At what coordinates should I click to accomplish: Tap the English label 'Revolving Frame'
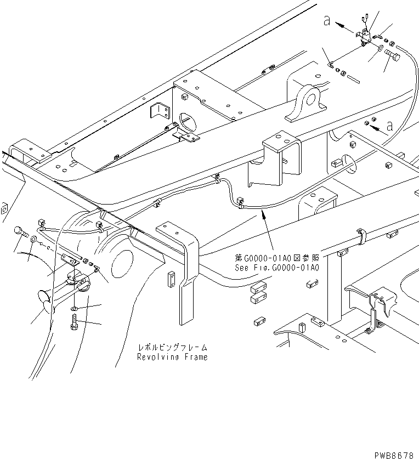pyautogui.click(x=172, y=357)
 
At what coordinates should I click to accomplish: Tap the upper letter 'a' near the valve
pyautogui.click(x=326, y=21)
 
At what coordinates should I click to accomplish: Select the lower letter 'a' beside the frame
pyautogui.click(x=390, y=126)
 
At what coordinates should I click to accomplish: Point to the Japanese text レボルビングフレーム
pyautogui.click(x=172, y=348)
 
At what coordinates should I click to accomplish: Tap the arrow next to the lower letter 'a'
pyautogui.click(x=376, y=128)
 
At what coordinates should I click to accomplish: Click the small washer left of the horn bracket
pyautogui.click(x=34, y=240)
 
